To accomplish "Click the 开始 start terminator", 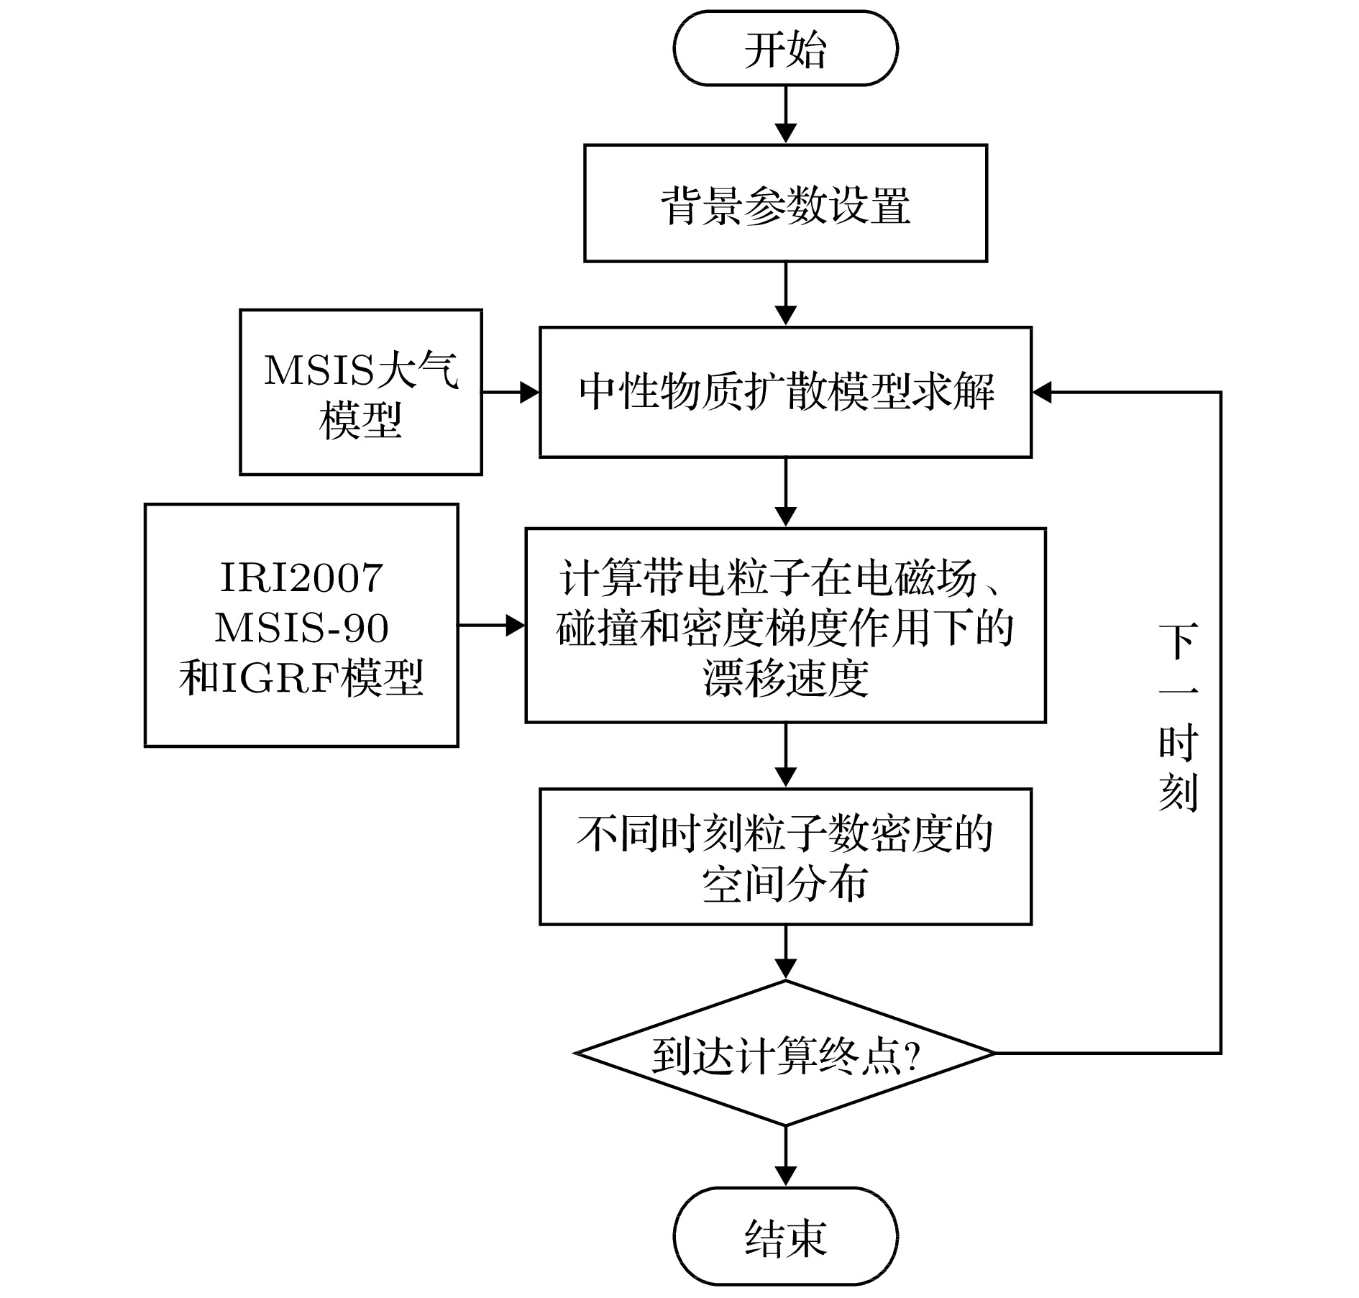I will point(785,49).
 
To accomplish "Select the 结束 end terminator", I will point(785,1237).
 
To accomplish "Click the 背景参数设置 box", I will point(785,204).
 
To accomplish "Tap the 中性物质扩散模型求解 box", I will point(785,393).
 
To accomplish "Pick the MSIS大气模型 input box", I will point(360,393).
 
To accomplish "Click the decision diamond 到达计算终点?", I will point(785,1054).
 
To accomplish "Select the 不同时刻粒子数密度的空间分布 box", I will point(785,856).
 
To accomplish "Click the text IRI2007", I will point(301,577).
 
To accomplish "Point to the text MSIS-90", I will point(301,627).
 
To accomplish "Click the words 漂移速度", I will point(785,678).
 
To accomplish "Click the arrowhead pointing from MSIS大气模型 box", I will point(530,393).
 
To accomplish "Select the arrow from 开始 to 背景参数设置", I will point(785,115).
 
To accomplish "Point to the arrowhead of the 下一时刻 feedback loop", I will point(1042,393).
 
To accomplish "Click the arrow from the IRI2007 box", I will point(492,626).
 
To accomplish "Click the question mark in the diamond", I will point(912,1056).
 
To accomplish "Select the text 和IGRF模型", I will point(301,677).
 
